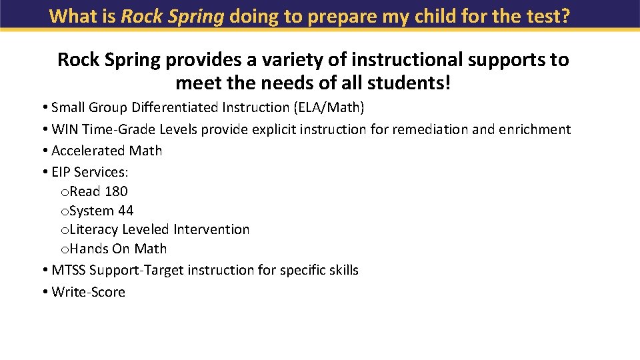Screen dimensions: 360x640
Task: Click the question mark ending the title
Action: click(x=565, y=16)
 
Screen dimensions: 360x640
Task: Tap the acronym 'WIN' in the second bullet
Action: click(x=65, y=129)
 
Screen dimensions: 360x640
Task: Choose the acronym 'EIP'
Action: click(x=61, y=172)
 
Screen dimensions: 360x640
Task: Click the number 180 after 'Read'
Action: click(x=116, y=191)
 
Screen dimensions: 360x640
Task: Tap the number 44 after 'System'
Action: click(x=125, y=211)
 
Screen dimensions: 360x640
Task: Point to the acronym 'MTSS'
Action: click(x=69, y=270)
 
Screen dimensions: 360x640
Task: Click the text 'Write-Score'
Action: click(x=88, y=292)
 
